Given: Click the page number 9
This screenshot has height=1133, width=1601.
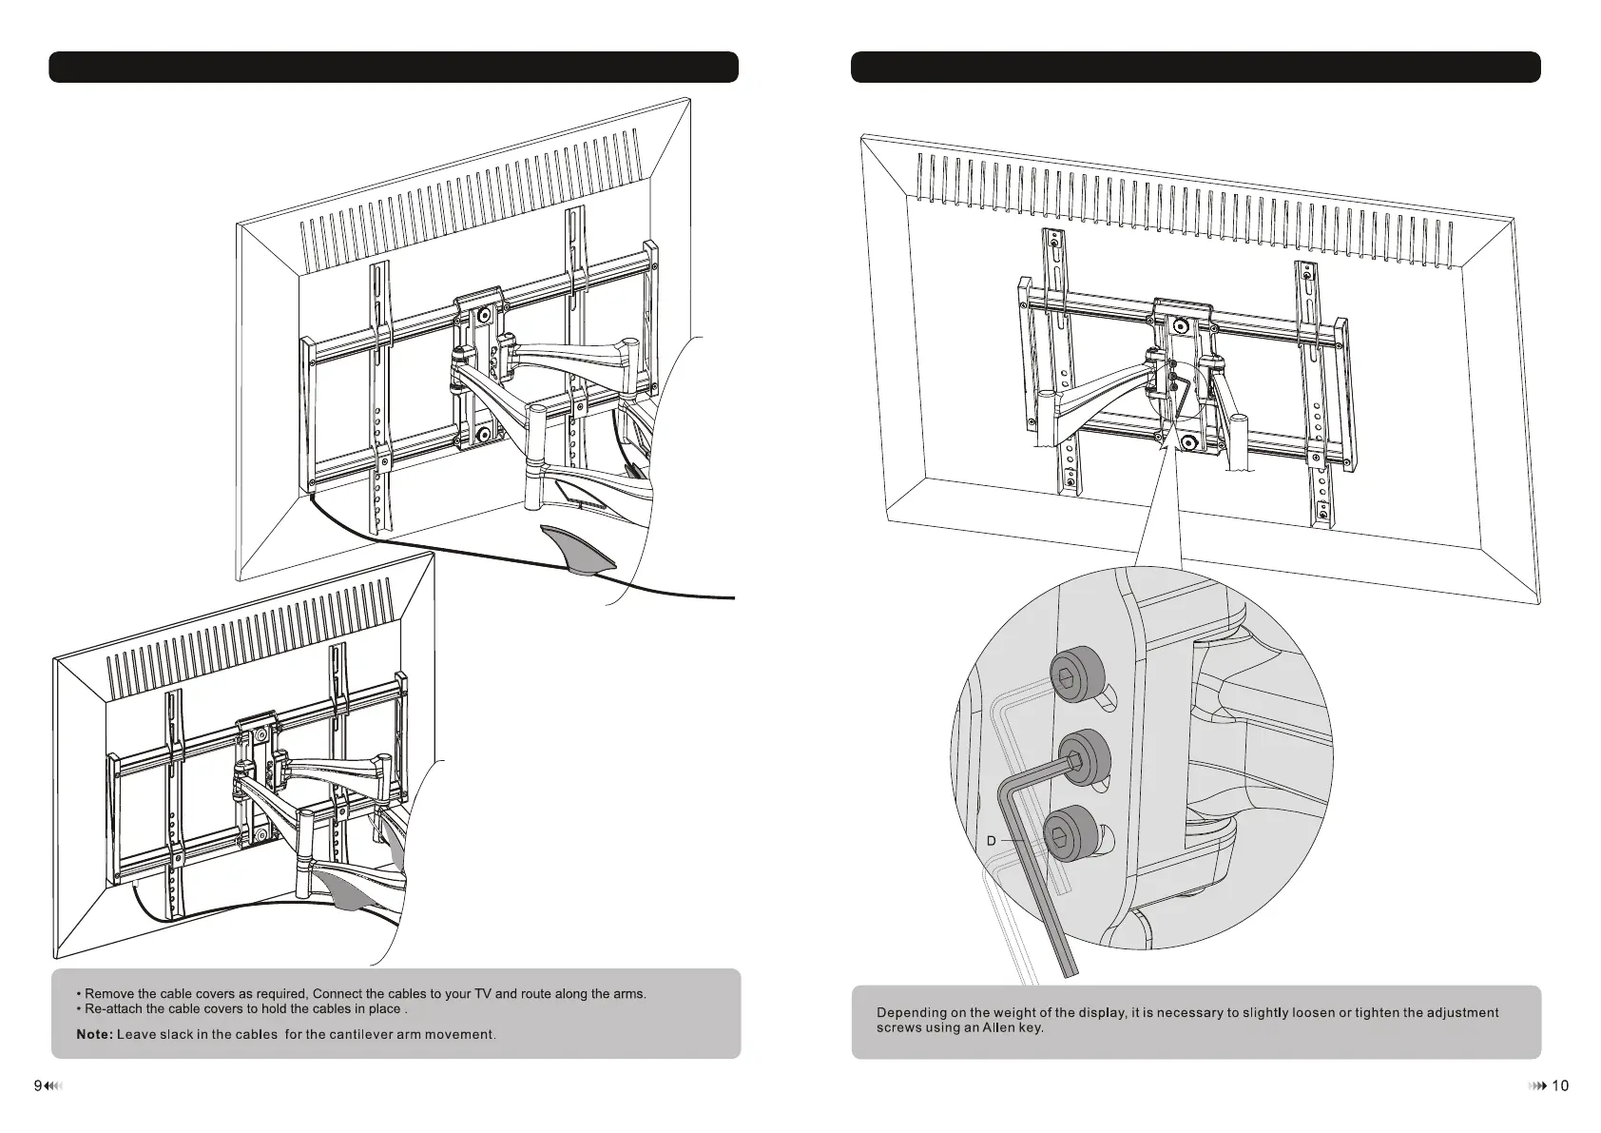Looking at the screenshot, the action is pyautogui.click(x=37, y=1085).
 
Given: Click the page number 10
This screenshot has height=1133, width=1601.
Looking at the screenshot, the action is pyautogui.click(x=1560, y=1085).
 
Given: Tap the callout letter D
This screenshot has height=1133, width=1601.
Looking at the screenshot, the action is pyautogui.click(x=991, y=841).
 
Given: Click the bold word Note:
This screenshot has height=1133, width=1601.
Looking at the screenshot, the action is pyautogui.click(x=94, y=1034).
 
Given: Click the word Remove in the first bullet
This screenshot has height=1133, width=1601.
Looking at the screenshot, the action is pyautogui.click(x=112, y=994).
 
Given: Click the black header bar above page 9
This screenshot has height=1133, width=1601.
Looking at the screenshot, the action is pyautogui.click(x=394, y=68).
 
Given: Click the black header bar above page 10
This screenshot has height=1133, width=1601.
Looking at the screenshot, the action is pyautogui.click(x=1195, y=68).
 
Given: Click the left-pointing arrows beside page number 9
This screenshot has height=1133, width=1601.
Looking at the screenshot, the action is pyautogui.click(x=53, y=1085).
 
